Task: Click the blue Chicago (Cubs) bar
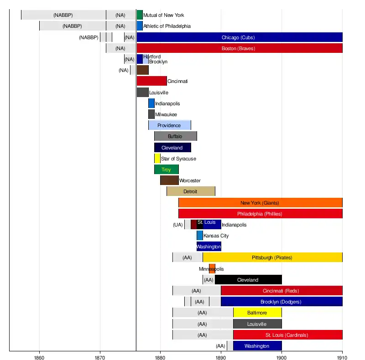coord(239,37)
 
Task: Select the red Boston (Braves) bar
coord(239,48)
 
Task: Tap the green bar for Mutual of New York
coord(140,15)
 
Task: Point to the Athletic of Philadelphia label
coord(167,26)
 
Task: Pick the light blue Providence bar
coord(169,125)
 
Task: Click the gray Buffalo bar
coord(175,136)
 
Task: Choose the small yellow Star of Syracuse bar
coord(157,159)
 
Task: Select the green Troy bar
coord(166,170)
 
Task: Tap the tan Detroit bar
coord(191,191)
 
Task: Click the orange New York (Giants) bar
coord(260,203)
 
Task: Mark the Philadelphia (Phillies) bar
coord(260,214)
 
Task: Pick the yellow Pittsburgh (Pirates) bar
coord(272,257)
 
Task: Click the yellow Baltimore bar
coord(257,313)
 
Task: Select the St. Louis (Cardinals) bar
coord(287,335)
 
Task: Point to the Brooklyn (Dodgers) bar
coord(282,302)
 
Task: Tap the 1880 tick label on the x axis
coord(161,357)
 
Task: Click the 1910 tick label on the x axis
coord(342,357)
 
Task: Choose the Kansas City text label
coord(216,236)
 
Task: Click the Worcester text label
coord(190,180)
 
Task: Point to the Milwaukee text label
coord(166,114)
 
